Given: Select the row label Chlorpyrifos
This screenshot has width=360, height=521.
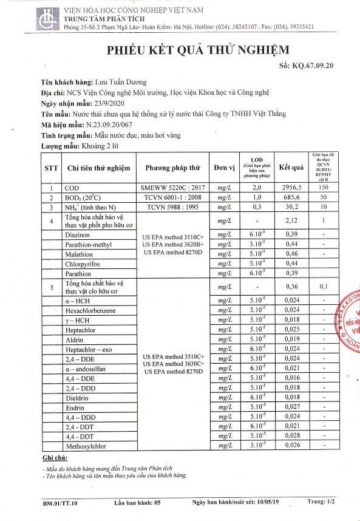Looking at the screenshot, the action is coord(87,264).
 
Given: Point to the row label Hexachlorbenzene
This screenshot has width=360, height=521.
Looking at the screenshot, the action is coord(94,310).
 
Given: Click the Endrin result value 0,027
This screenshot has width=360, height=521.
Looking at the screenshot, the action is coord(291,406).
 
